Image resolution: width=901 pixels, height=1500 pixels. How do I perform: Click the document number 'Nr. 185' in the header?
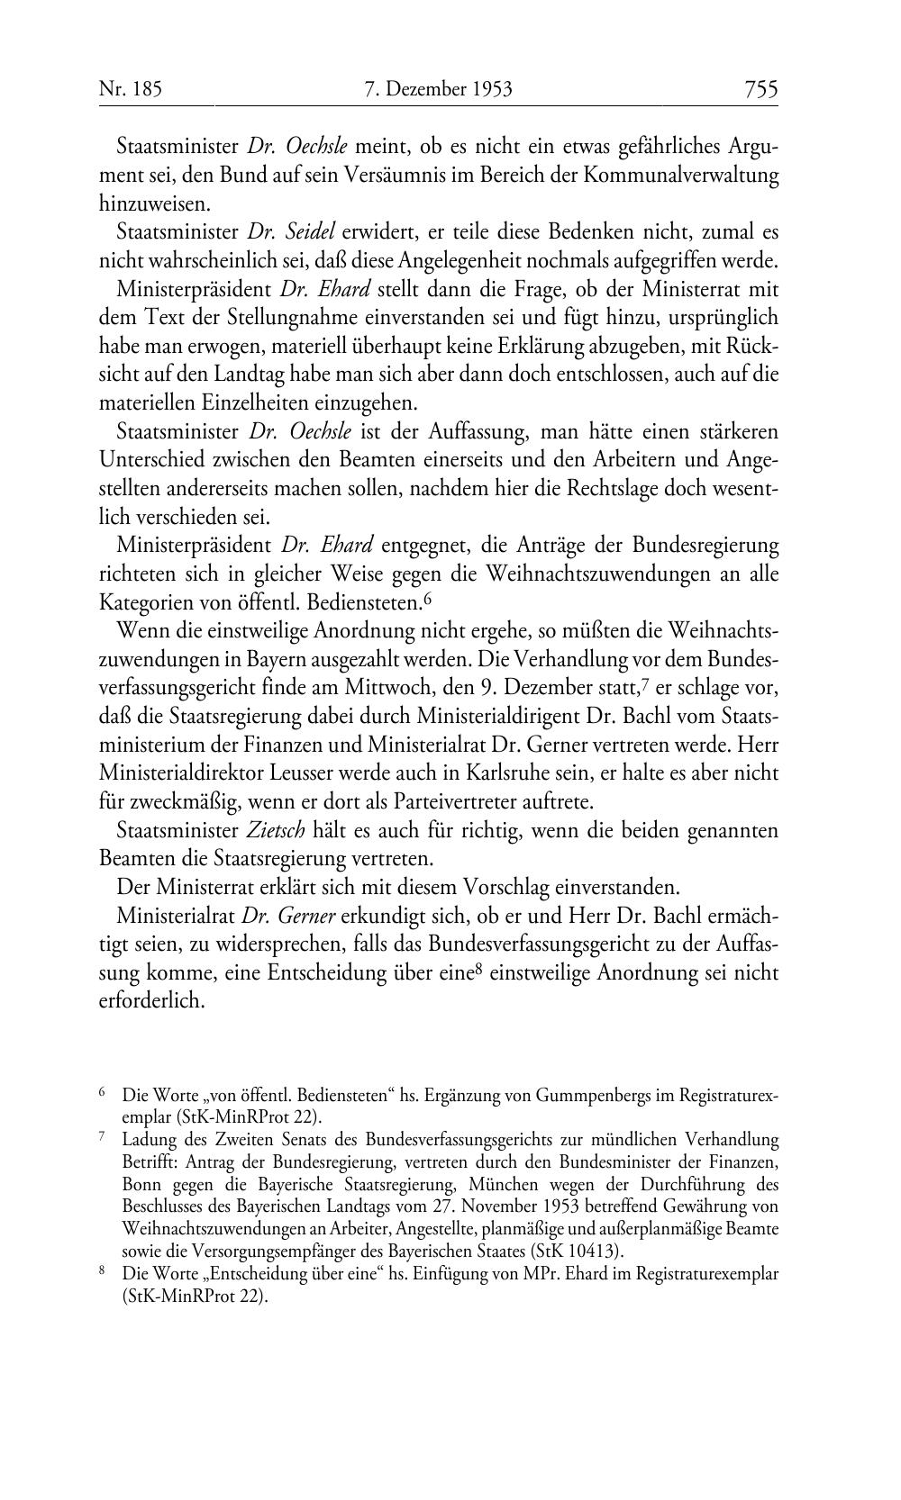point(130,89)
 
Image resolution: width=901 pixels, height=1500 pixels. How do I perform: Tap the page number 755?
point(760,89)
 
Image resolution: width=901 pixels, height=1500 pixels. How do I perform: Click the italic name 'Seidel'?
point(312,232)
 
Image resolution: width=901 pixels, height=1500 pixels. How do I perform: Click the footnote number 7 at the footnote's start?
point(102,1137)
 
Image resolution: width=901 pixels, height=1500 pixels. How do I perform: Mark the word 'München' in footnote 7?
point(504,1184)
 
